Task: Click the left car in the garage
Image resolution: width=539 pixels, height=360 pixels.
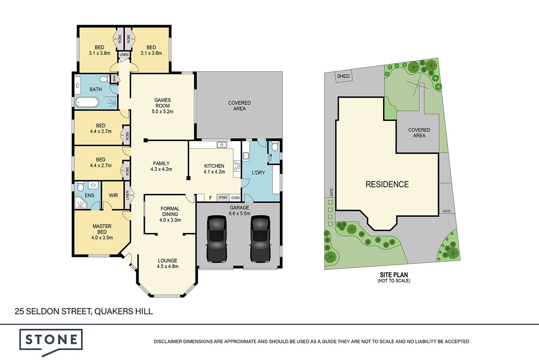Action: coord(217,239)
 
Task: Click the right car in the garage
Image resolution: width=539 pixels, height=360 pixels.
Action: coord(260,239)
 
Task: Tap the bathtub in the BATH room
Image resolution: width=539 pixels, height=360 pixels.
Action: coord(87,102)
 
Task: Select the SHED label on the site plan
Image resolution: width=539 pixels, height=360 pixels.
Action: coord(343,76)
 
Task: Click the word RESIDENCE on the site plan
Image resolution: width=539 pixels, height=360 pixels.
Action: coord(387,185)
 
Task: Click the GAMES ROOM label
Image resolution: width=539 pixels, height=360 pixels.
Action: coord(163,103)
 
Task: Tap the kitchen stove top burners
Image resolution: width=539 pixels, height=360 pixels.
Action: coord(237,166)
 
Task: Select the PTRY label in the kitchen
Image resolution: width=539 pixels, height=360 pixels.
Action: coord(223,198)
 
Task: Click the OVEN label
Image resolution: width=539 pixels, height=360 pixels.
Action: coord(235,198)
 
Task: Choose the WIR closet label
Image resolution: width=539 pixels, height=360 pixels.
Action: coord(113,195)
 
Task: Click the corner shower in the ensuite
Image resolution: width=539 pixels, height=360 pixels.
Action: coord(80,203)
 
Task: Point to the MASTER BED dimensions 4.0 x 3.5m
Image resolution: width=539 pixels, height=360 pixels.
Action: coord(102,238)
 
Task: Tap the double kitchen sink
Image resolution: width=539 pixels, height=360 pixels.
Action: coord(222,145)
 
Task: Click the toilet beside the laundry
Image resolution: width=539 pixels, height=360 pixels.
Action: coord(274,146)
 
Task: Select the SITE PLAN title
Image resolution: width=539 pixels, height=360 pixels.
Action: coord(394,275)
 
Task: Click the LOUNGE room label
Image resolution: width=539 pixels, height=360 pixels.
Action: coord(167,260)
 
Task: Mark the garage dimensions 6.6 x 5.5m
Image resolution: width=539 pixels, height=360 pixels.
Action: coord(240,213)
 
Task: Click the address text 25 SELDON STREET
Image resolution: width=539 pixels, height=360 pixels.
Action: coord(52,312)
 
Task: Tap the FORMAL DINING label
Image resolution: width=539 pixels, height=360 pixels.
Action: coord(170,211)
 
